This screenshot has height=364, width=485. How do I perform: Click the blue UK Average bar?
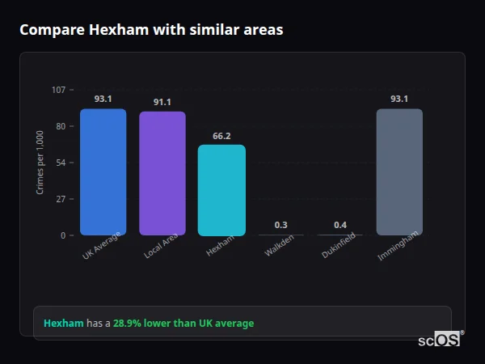click(103, 171)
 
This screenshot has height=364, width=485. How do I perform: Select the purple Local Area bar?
click(162, 173)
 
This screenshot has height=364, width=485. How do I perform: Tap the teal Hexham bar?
click(221, 190)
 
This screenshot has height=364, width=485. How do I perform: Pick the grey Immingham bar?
click(399, 171)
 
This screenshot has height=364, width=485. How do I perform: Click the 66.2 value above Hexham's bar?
click(221, 136)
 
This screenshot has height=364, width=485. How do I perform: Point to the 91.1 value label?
click(162, 102)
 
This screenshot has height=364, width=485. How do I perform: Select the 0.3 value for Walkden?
click(280, 225)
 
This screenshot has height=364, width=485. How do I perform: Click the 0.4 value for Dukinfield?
click(340, 225)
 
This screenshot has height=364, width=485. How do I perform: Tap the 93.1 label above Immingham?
click(399, 99)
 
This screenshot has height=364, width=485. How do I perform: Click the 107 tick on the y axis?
click(58, 89)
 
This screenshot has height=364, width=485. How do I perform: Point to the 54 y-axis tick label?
click(61, 163)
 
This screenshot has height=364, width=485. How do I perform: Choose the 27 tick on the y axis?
click(61, 199)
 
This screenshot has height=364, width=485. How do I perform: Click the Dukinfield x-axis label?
click(337, 248)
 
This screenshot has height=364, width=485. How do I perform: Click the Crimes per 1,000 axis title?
click(40, 163)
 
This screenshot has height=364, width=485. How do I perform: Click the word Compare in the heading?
click(50, 30)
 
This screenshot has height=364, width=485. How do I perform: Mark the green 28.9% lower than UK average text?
click(183, 324)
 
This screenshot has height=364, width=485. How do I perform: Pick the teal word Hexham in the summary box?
click(63, 324)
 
